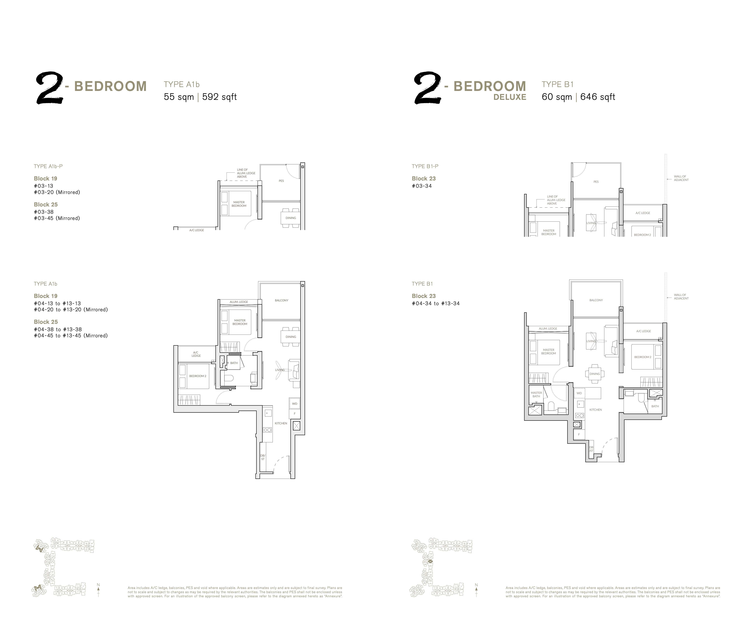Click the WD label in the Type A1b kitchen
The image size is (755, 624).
(294, 404)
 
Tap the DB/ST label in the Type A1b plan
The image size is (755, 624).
(263, 457)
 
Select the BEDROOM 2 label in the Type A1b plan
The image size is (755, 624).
(198, 376)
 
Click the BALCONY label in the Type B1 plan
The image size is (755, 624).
(596, 300)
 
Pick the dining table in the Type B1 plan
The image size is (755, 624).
(594, 374)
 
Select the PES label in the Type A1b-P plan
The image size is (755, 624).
(281, 181)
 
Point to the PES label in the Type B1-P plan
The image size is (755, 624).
(596, 182)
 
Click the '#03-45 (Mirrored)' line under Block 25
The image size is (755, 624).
(57, 218)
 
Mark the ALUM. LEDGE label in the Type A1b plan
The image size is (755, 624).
(239, 302)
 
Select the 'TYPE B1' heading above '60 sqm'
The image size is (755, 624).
(557, 85)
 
